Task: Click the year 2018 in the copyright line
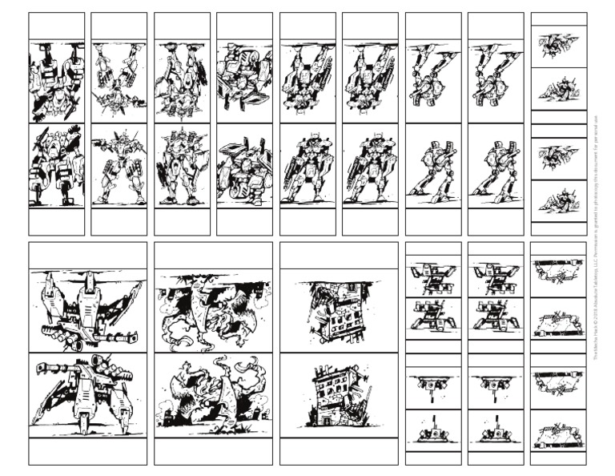coord(597,319)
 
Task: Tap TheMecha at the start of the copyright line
coord(597,350)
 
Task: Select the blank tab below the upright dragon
coord(213,450)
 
